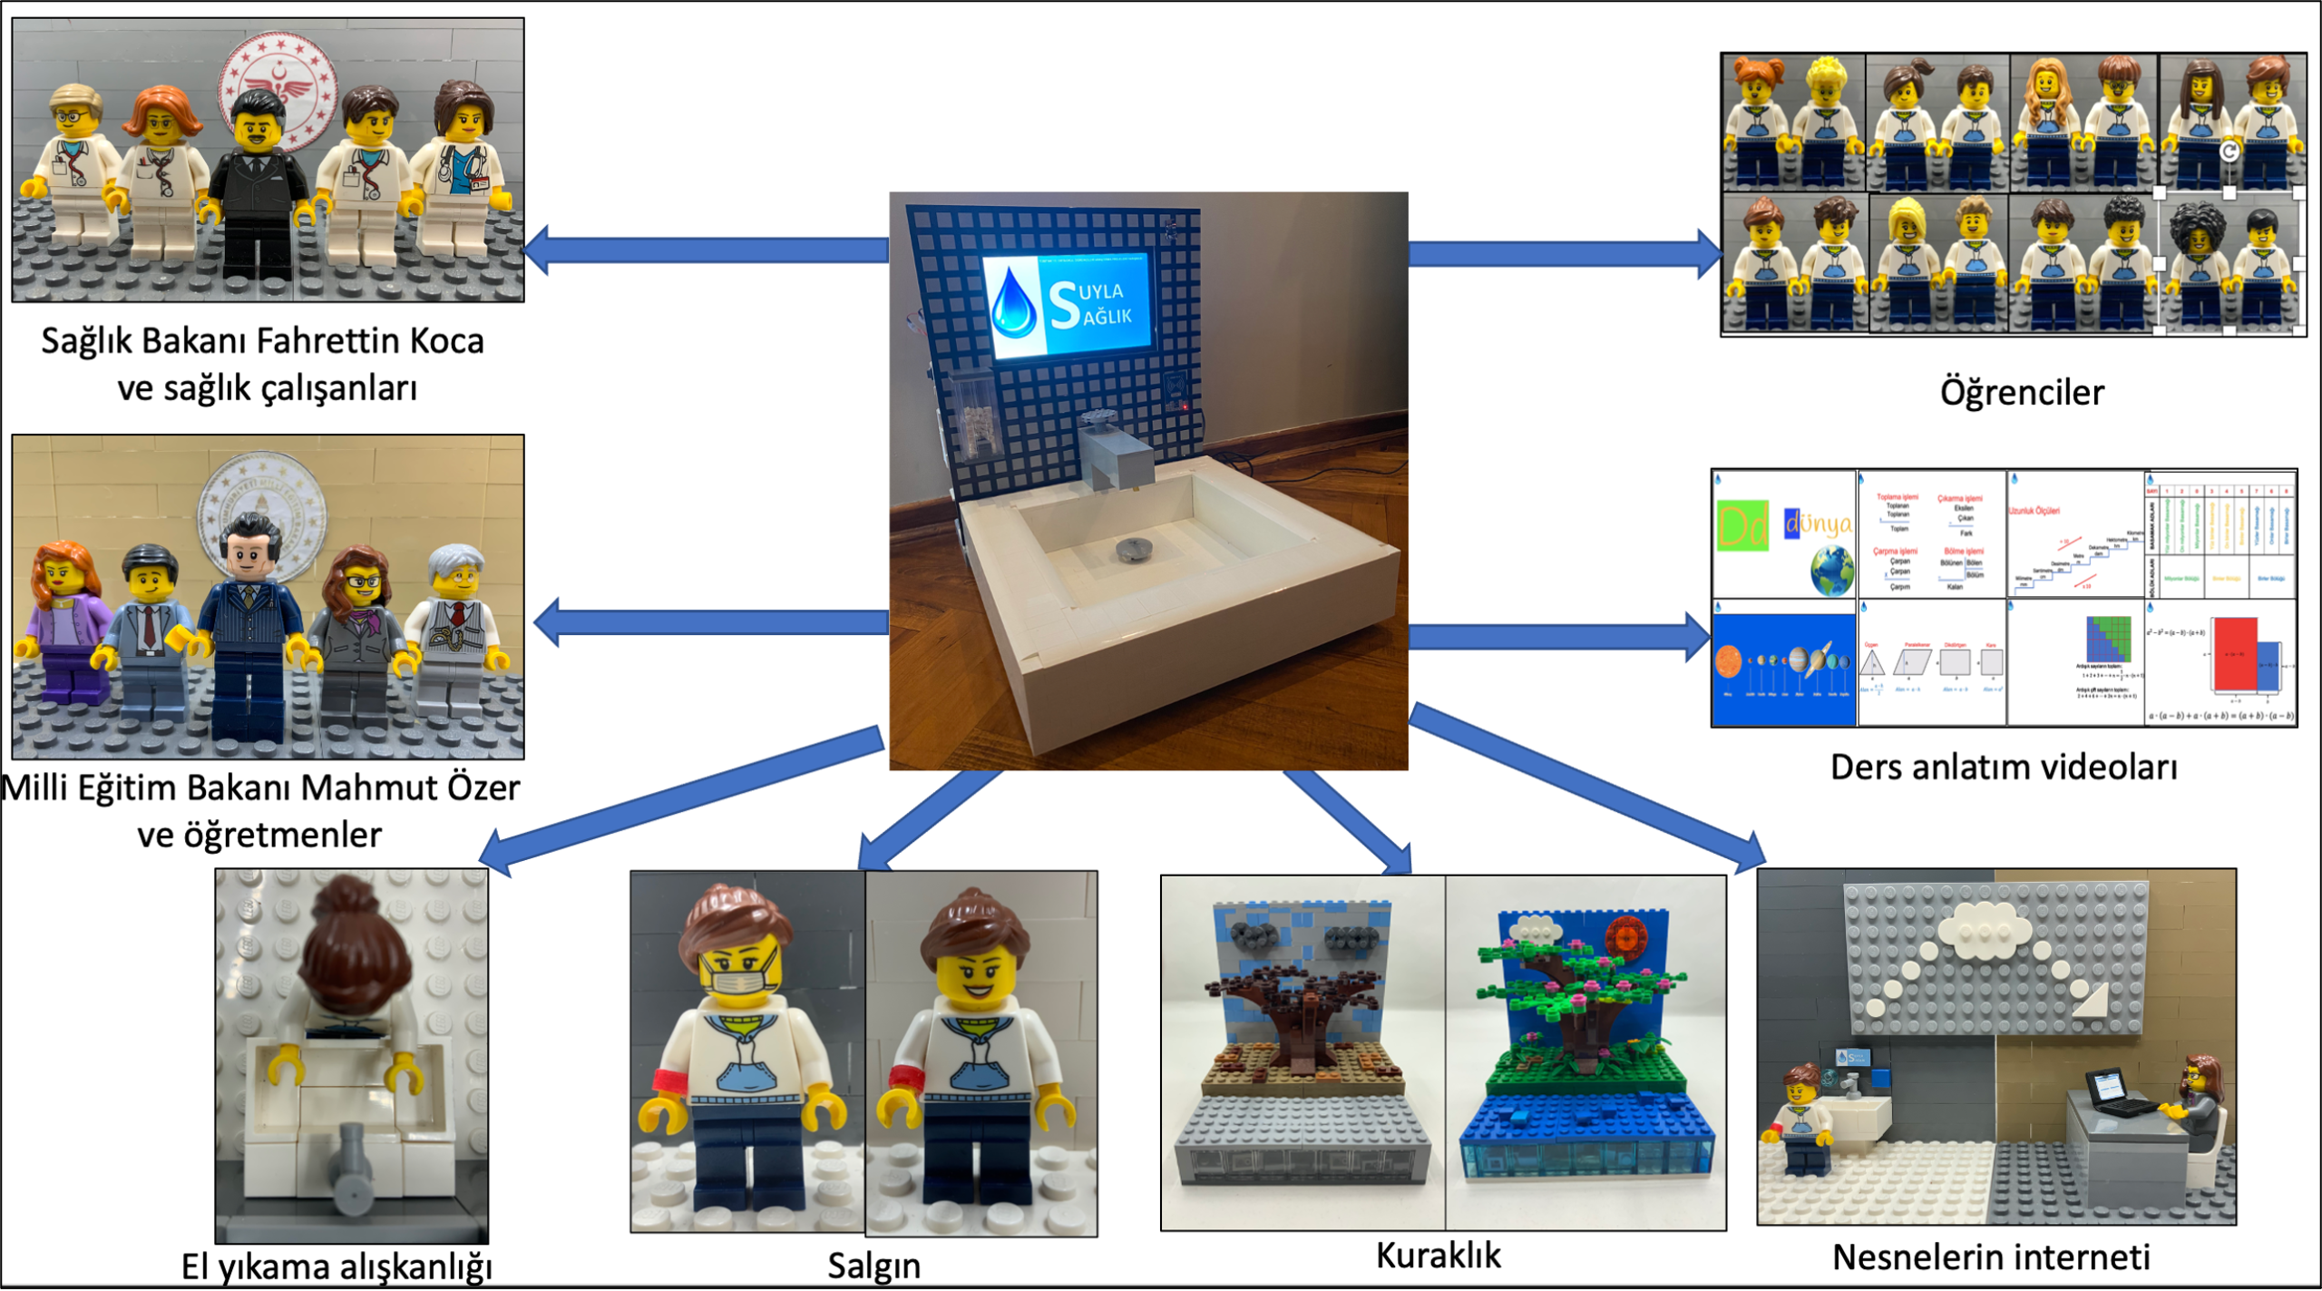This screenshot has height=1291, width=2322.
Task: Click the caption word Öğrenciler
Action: click(x=2021, y=393)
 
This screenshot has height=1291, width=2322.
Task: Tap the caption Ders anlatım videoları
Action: click(x=2003, y=768)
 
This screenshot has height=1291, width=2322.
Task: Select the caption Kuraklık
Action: click(x=1438, y=1256)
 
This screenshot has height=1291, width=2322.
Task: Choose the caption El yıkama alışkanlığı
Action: click(x=337, y=1267)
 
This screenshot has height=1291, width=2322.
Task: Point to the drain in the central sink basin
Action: click(x=1133, y=548)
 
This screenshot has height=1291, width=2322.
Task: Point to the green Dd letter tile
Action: click(x=1741, y=525)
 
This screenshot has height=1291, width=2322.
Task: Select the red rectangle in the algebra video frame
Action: click(x=2233, y=654)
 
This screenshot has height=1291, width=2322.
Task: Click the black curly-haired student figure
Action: click(x=2197, y=259)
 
